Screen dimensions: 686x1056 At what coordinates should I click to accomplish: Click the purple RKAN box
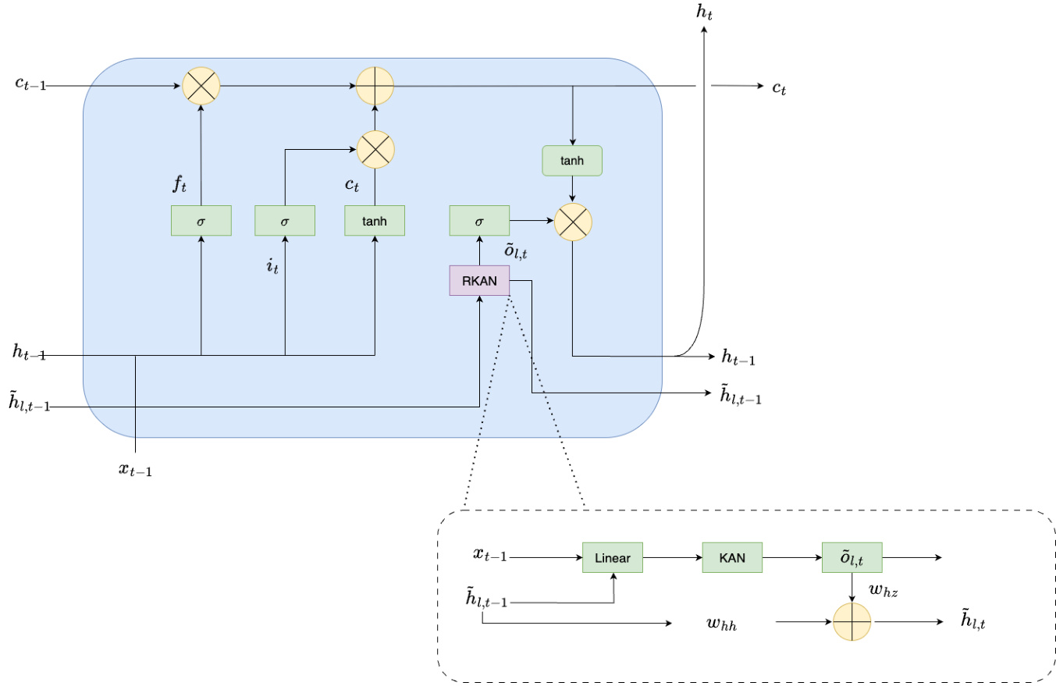pos(479,280)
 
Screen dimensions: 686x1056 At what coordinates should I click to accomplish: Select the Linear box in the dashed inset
pos(612,557)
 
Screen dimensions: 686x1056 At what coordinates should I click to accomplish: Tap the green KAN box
pos(732,557)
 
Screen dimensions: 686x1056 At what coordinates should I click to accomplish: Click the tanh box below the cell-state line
pos(572,160)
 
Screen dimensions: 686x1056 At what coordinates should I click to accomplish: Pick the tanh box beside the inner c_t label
pos(375,221)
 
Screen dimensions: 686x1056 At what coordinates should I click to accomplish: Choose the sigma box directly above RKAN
pos(479,221)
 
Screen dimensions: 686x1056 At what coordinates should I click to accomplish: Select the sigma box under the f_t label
pos(201,221)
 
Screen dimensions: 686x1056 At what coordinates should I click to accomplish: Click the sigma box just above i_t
pos(285,221)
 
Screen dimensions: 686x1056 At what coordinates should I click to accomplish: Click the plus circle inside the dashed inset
pos(852,622)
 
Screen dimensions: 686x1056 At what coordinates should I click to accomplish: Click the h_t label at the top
pos(706,13)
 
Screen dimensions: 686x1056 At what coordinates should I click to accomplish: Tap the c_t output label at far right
pos(778,88)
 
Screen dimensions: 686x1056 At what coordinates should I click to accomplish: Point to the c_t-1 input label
pos(30,84)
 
